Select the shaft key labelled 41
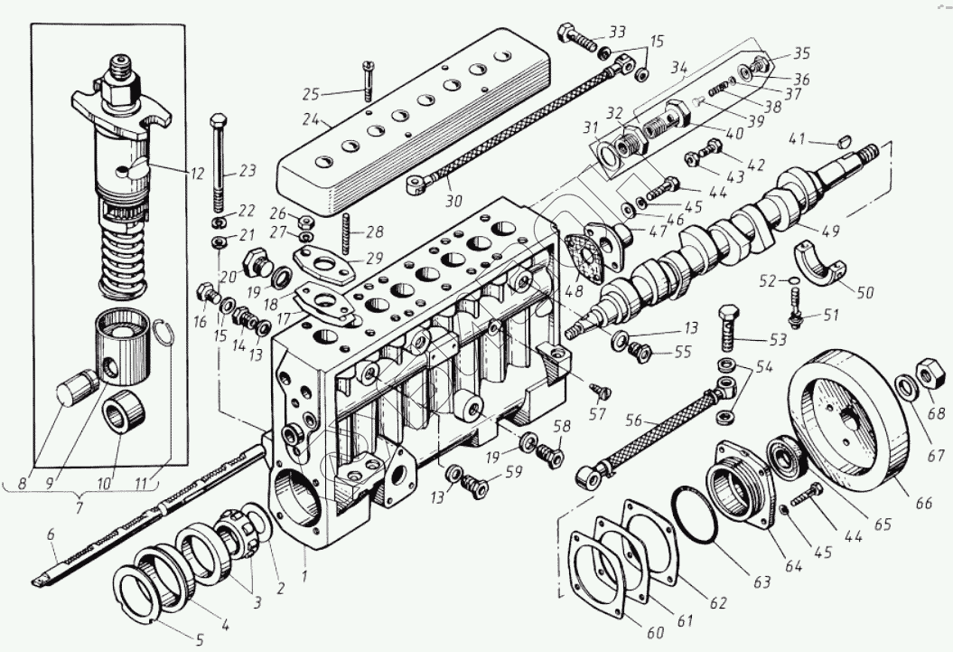845,140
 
